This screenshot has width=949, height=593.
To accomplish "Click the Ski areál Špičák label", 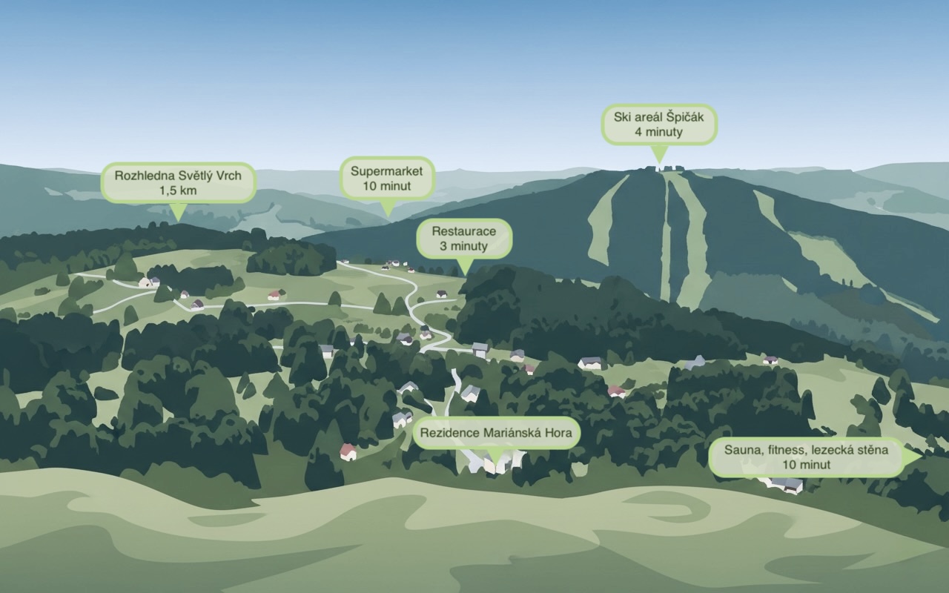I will click(659, 124).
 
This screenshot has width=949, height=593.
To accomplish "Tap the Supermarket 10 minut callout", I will click(386, 178).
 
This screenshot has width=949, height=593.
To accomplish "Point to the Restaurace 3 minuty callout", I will click(463, 238).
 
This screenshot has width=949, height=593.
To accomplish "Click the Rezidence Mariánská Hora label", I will click(496, 433).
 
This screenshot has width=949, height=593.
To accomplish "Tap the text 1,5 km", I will click(179, 191).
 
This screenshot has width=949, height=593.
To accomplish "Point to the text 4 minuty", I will click(658, 132).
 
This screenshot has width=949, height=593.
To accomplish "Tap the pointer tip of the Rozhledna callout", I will click(177, 220).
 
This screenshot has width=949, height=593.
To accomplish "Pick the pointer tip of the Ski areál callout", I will click(658, 162).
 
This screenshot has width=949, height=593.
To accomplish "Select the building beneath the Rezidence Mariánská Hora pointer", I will click(495, 466).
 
